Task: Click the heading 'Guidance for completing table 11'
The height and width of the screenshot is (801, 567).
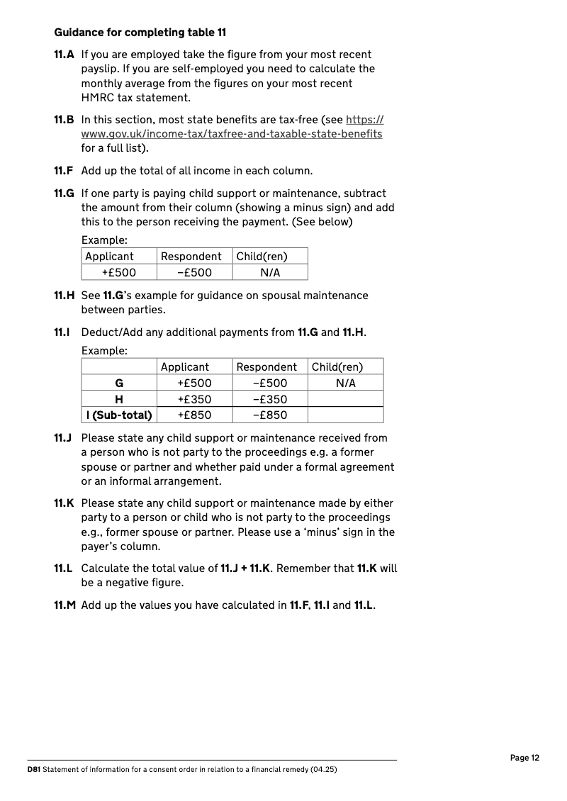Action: (x=140, y=33)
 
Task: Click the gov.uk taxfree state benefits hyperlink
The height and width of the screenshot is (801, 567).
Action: (x=232, y=134)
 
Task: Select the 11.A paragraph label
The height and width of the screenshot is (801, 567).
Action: (x=64, y=55)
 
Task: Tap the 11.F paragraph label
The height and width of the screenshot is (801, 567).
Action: (x=64, y=171)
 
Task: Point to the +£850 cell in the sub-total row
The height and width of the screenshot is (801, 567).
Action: (x=194, y=415)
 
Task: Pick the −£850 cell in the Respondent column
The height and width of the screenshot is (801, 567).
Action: (x=270, y=415)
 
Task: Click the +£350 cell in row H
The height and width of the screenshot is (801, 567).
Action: (x=194, y=399)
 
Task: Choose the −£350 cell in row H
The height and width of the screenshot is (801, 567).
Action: (x=270, y=399)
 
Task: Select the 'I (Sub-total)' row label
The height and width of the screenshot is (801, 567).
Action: (x=119, y=415)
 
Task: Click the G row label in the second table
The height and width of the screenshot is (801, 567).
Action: (x=119, y=383)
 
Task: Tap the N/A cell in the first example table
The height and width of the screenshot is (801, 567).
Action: (x=270, y=273)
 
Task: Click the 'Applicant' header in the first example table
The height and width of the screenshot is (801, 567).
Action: (x=109, y=257)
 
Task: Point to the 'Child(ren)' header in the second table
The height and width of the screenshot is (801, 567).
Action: (x=337, y=367)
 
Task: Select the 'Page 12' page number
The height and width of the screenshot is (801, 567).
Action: (x=524, y=758)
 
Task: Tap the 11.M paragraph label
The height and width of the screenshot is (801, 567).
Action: (x=64, y=605)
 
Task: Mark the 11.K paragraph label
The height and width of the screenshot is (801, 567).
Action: (x=64, y=503)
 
